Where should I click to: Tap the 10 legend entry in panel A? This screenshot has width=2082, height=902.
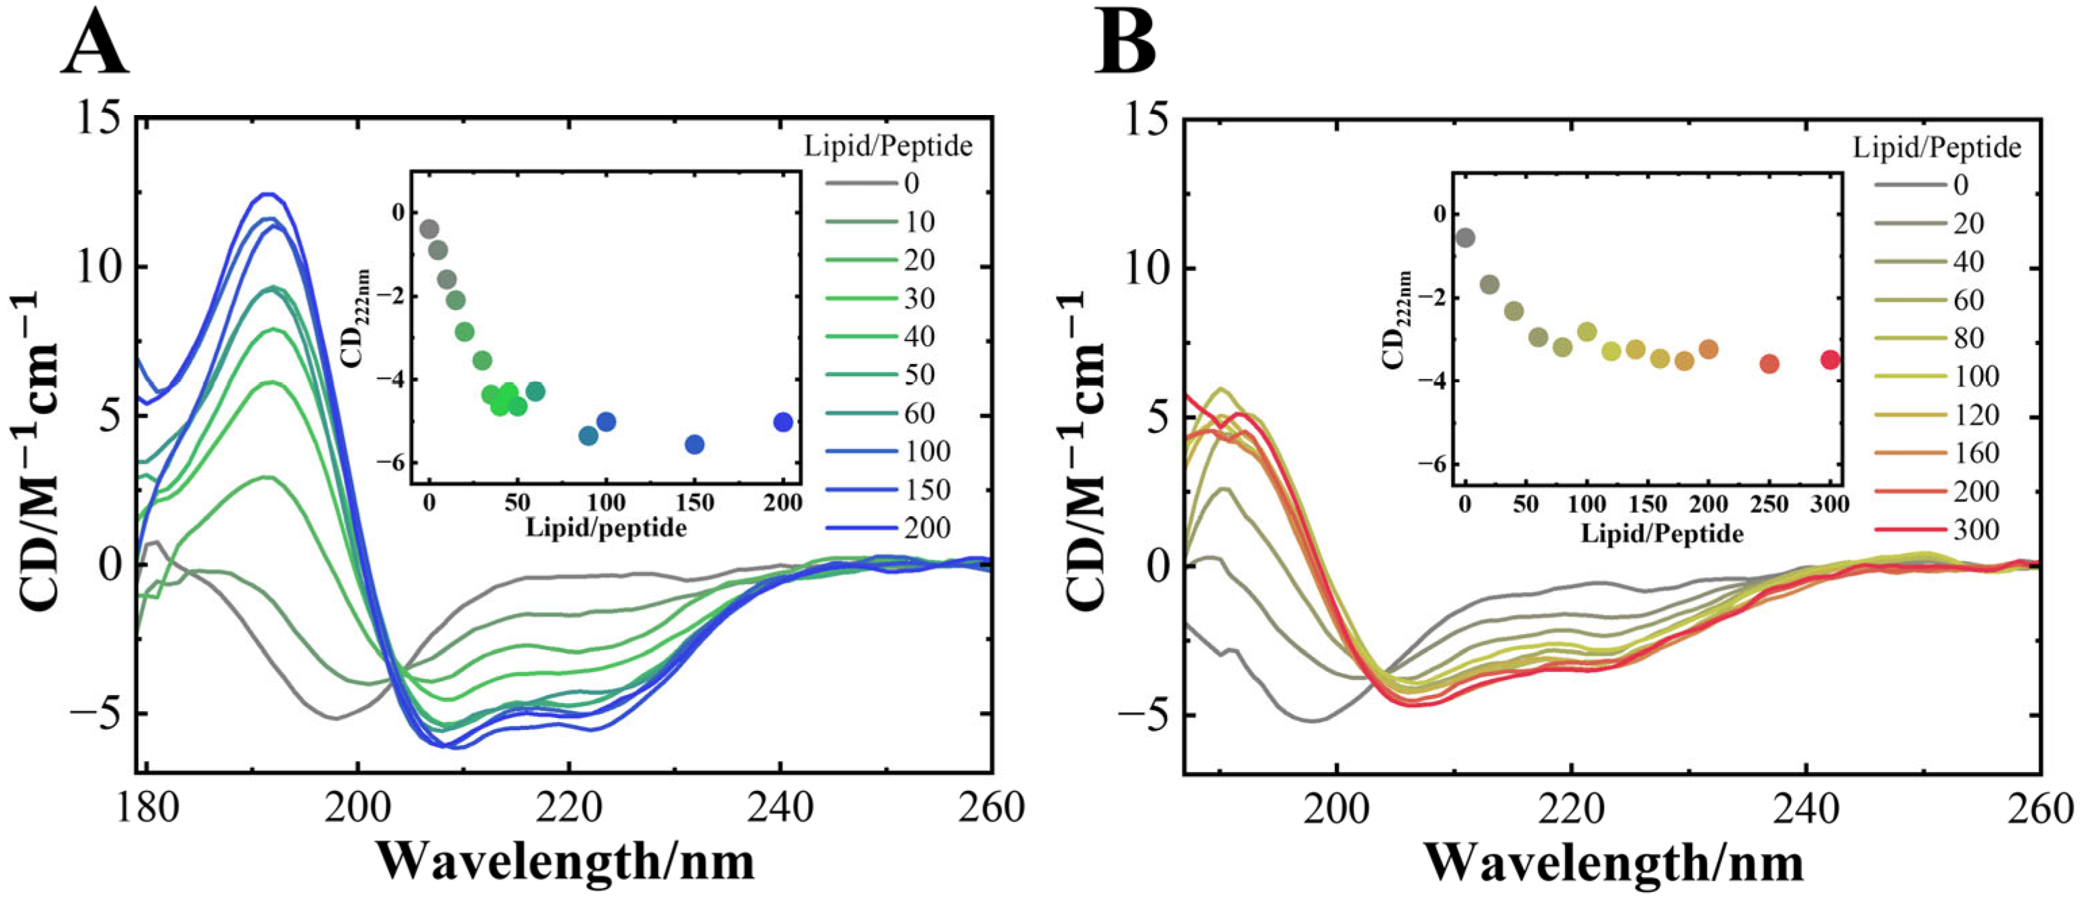click(x=919, y=222)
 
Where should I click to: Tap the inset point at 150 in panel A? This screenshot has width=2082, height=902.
click(x=694, y=445)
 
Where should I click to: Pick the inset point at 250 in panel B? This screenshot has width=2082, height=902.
click(x=1769, y=364)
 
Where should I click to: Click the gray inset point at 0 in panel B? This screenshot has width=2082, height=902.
click(x=1465, y=238)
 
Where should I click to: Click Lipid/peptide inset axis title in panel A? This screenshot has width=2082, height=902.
click(x=606, y=528)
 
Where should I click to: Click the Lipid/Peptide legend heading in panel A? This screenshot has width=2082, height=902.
click(x=888, y=146)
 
